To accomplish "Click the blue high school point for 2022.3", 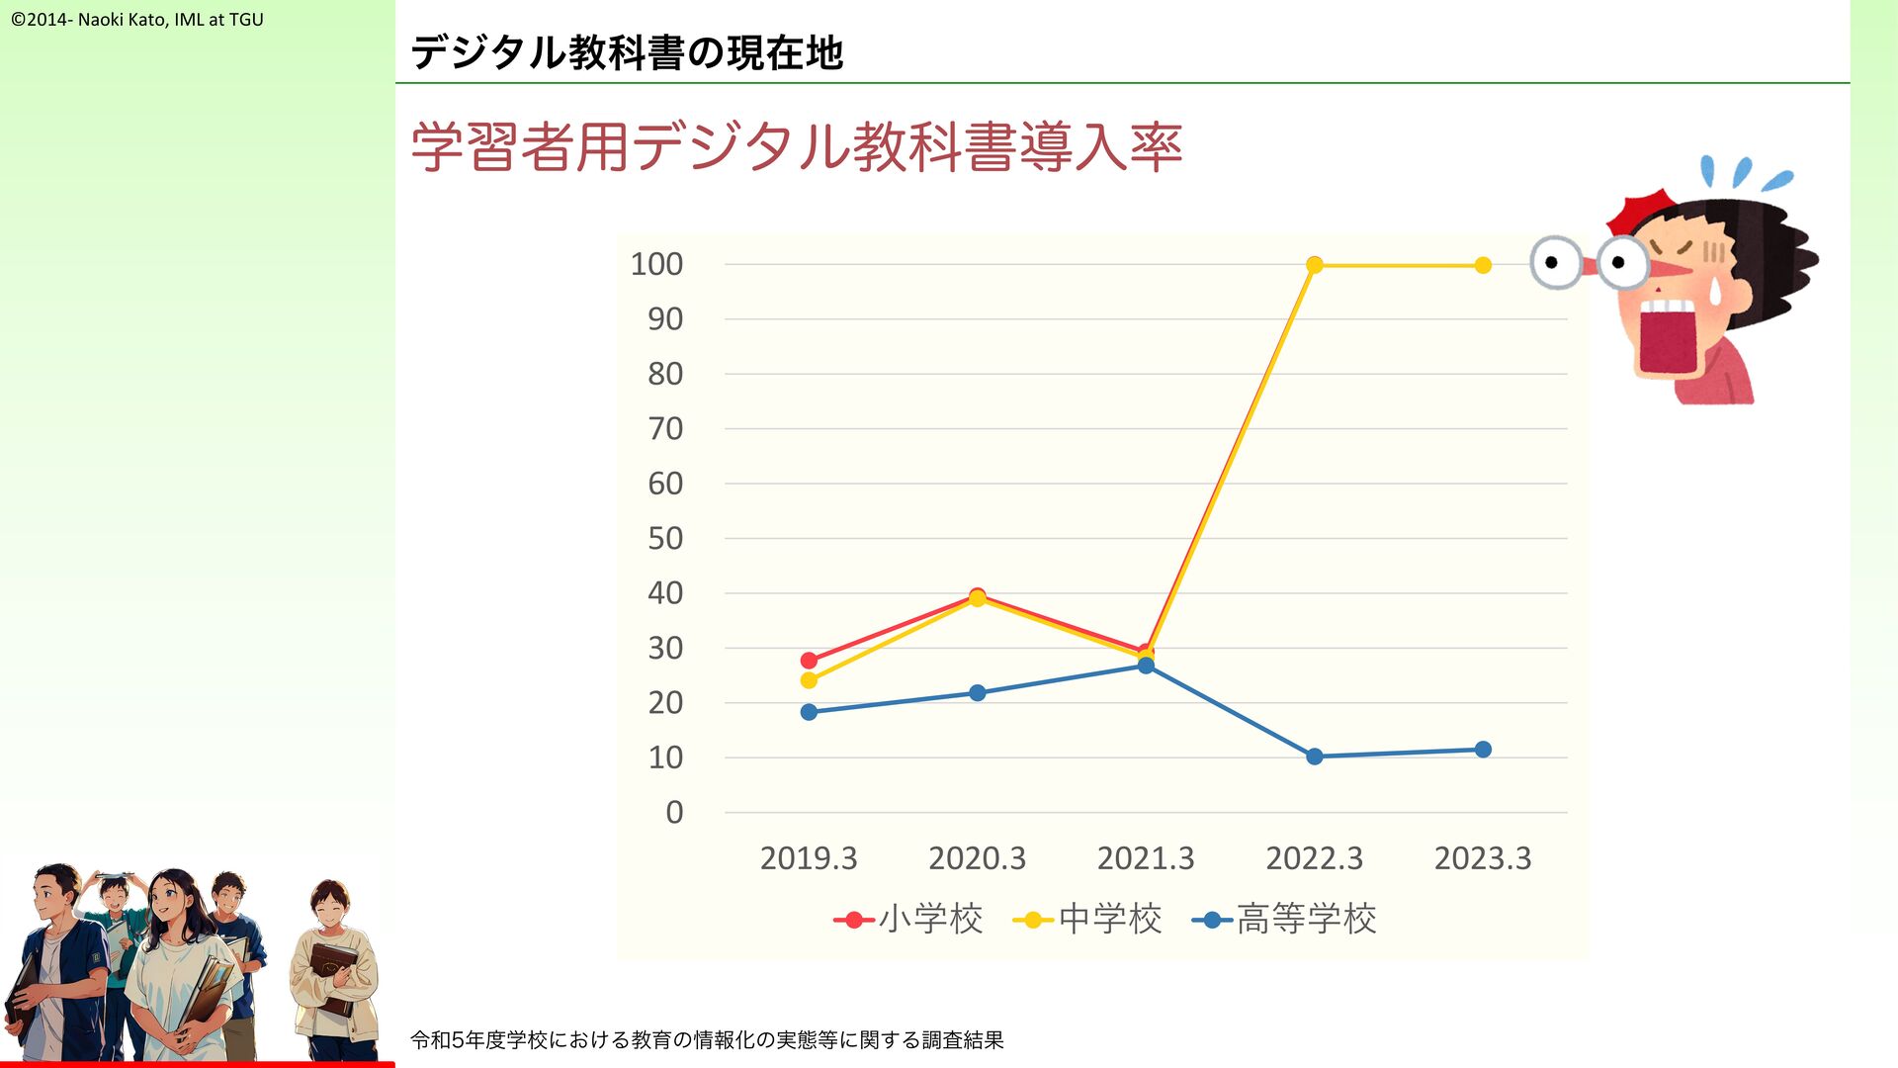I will point(1314,756).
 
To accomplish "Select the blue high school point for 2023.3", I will point(1483,750).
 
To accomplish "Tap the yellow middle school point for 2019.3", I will point(809,680).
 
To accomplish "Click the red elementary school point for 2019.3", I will point(809,661).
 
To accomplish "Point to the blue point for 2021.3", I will point(1146,666).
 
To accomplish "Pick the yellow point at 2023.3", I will point(1483,265).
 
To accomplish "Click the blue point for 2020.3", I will point(978,693).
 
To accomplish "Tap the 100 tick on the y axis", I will point(656,264).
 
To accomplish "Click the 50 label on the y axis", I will point(665,539).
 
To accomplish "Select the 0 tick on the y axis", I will point(674,813).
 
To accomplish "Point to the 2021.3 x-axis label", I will point(1146,858).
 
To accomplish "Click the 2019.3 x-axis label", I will point(809,858).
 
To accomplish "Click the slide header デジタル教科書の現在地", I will point(627,52).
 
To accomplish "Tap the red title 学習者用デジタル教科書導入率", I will point(796,147).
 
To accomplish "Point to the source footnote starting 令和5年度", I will point(707,1040).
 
